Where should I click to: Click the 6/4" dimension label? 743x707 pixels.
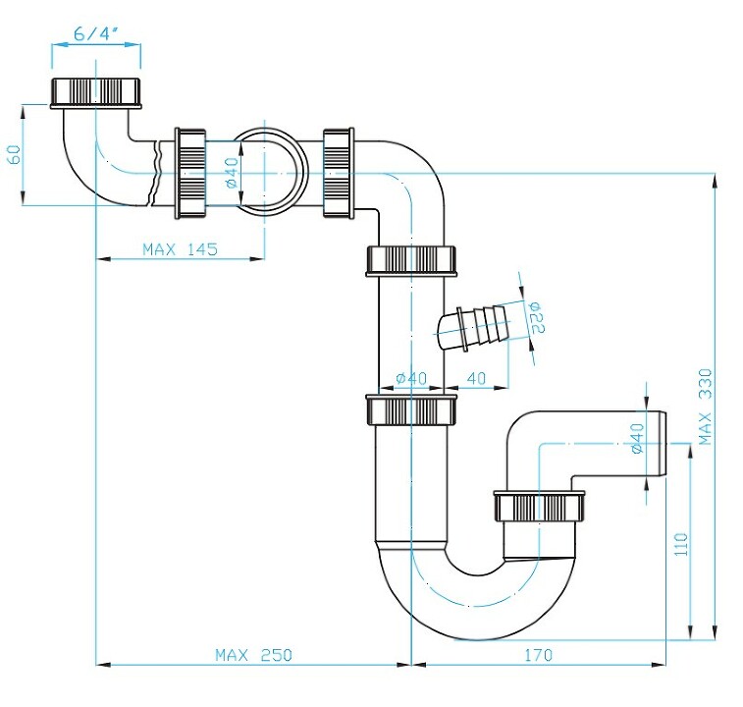[96, 34]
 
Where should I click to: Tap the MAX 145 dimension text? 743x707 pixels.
[180, 249]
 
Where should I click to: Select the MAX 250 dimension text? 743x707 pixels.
[253, 655]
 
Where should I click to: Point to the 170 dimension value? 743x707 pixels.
[538, 655]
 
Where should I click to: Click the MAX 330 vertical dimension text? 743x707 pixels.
[705, 407]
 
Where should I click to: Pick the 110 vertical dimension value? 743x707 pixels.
[681, 544]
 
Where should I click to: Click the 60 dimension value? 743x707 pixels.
[15, 154]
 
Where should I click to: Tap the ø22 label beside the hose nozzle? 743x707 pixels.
[536, 317]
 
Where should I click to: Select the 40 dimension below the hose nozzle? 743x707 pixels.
[476, 378]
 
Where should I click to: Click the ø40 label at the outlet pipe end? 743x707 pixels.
[637, 438]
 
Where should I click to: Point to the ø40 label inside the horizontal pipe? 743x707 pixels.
[232, 173]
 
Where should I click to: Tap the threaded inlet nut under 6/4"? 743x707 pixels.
[96, 92]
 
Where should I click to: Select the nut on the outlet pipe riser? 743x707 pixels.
[539, 507]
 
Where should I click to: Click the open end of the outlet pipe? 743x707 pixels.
[663, 444]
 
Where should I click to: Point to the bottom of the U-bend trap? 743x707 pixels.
[476, 638]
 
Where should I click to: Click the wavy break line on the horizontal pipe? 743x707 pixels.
[156, 174]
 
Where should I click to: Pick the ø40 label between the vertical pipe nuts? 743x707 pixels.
[411, 378]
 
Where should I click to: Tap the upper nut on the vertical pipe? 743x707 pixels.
[411, 261]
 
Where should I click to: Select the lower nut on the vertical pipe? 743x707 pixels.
[411, 409]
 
